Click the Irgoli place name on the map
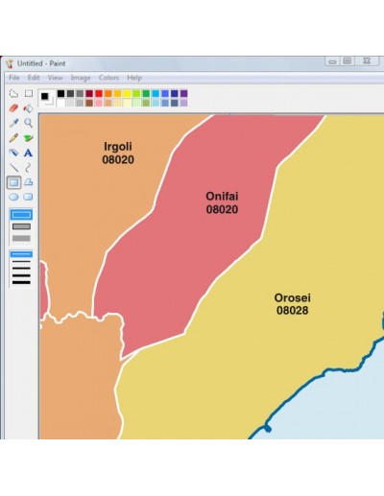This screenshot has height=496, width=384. (118, 147)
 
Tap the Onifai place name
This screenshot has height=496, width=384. (222, 196)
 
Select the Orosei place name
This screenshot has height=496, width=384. (293, 297)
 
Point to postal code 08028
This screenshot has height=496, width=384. (293, 311)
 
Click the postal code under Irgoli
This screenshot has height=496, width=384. (118, 160)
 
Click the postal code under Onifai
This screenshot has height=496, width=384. (222, 209)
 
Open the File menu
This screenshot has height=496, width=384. (14, 78)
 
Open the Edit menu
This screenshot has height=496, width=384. (34, 78)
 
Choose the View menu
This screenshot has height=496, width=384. (55, 78)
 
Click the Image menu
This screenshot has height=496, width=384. (81, 78)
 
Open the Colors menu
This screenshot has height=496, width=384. (108, 78)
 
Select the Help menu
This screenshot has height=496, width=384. (134, 78)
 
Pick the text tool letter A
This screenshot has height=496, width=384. (29, 153)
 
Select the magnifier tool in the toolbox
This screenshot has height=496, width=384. (29, 123)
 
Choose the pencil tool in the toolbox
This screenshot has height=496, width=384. (13, 138)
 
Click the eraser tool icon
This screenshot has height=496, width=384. (13, 108)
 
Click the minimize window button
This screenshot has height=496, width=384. (332, 61)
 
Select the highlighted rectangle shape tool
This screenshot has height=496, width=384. (13, 182)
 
